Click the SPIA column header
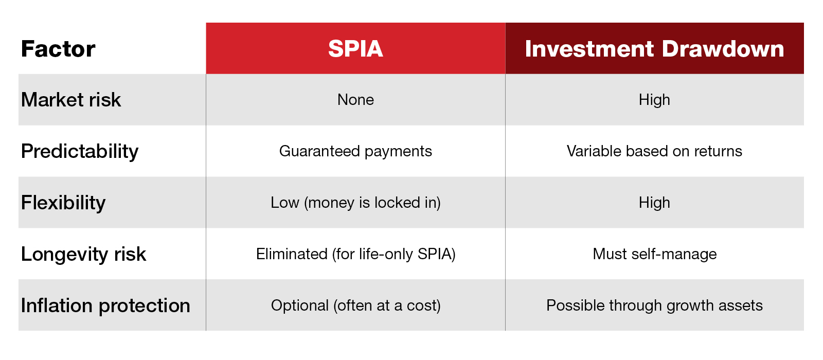355,49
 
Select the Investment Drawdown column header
654,49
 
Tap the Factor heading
58,49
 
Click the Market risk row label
71,100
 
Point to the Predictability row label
80,151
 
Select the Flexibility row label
63,203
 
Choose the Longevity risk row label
83,254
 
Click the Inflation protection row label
105,305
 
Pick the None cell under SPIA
355,100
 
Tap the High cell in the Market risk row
654,100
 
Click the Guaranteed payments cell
355,151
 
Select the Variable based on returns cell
654,151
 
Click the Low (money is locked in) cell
355,203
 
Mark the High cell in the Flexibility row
654,203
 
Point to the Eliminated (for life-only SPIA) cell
355,254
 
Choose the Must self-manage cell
654,254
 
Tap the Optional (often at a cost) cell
355,305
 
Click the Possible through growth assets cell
654,305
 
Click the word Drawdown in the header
723,49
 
